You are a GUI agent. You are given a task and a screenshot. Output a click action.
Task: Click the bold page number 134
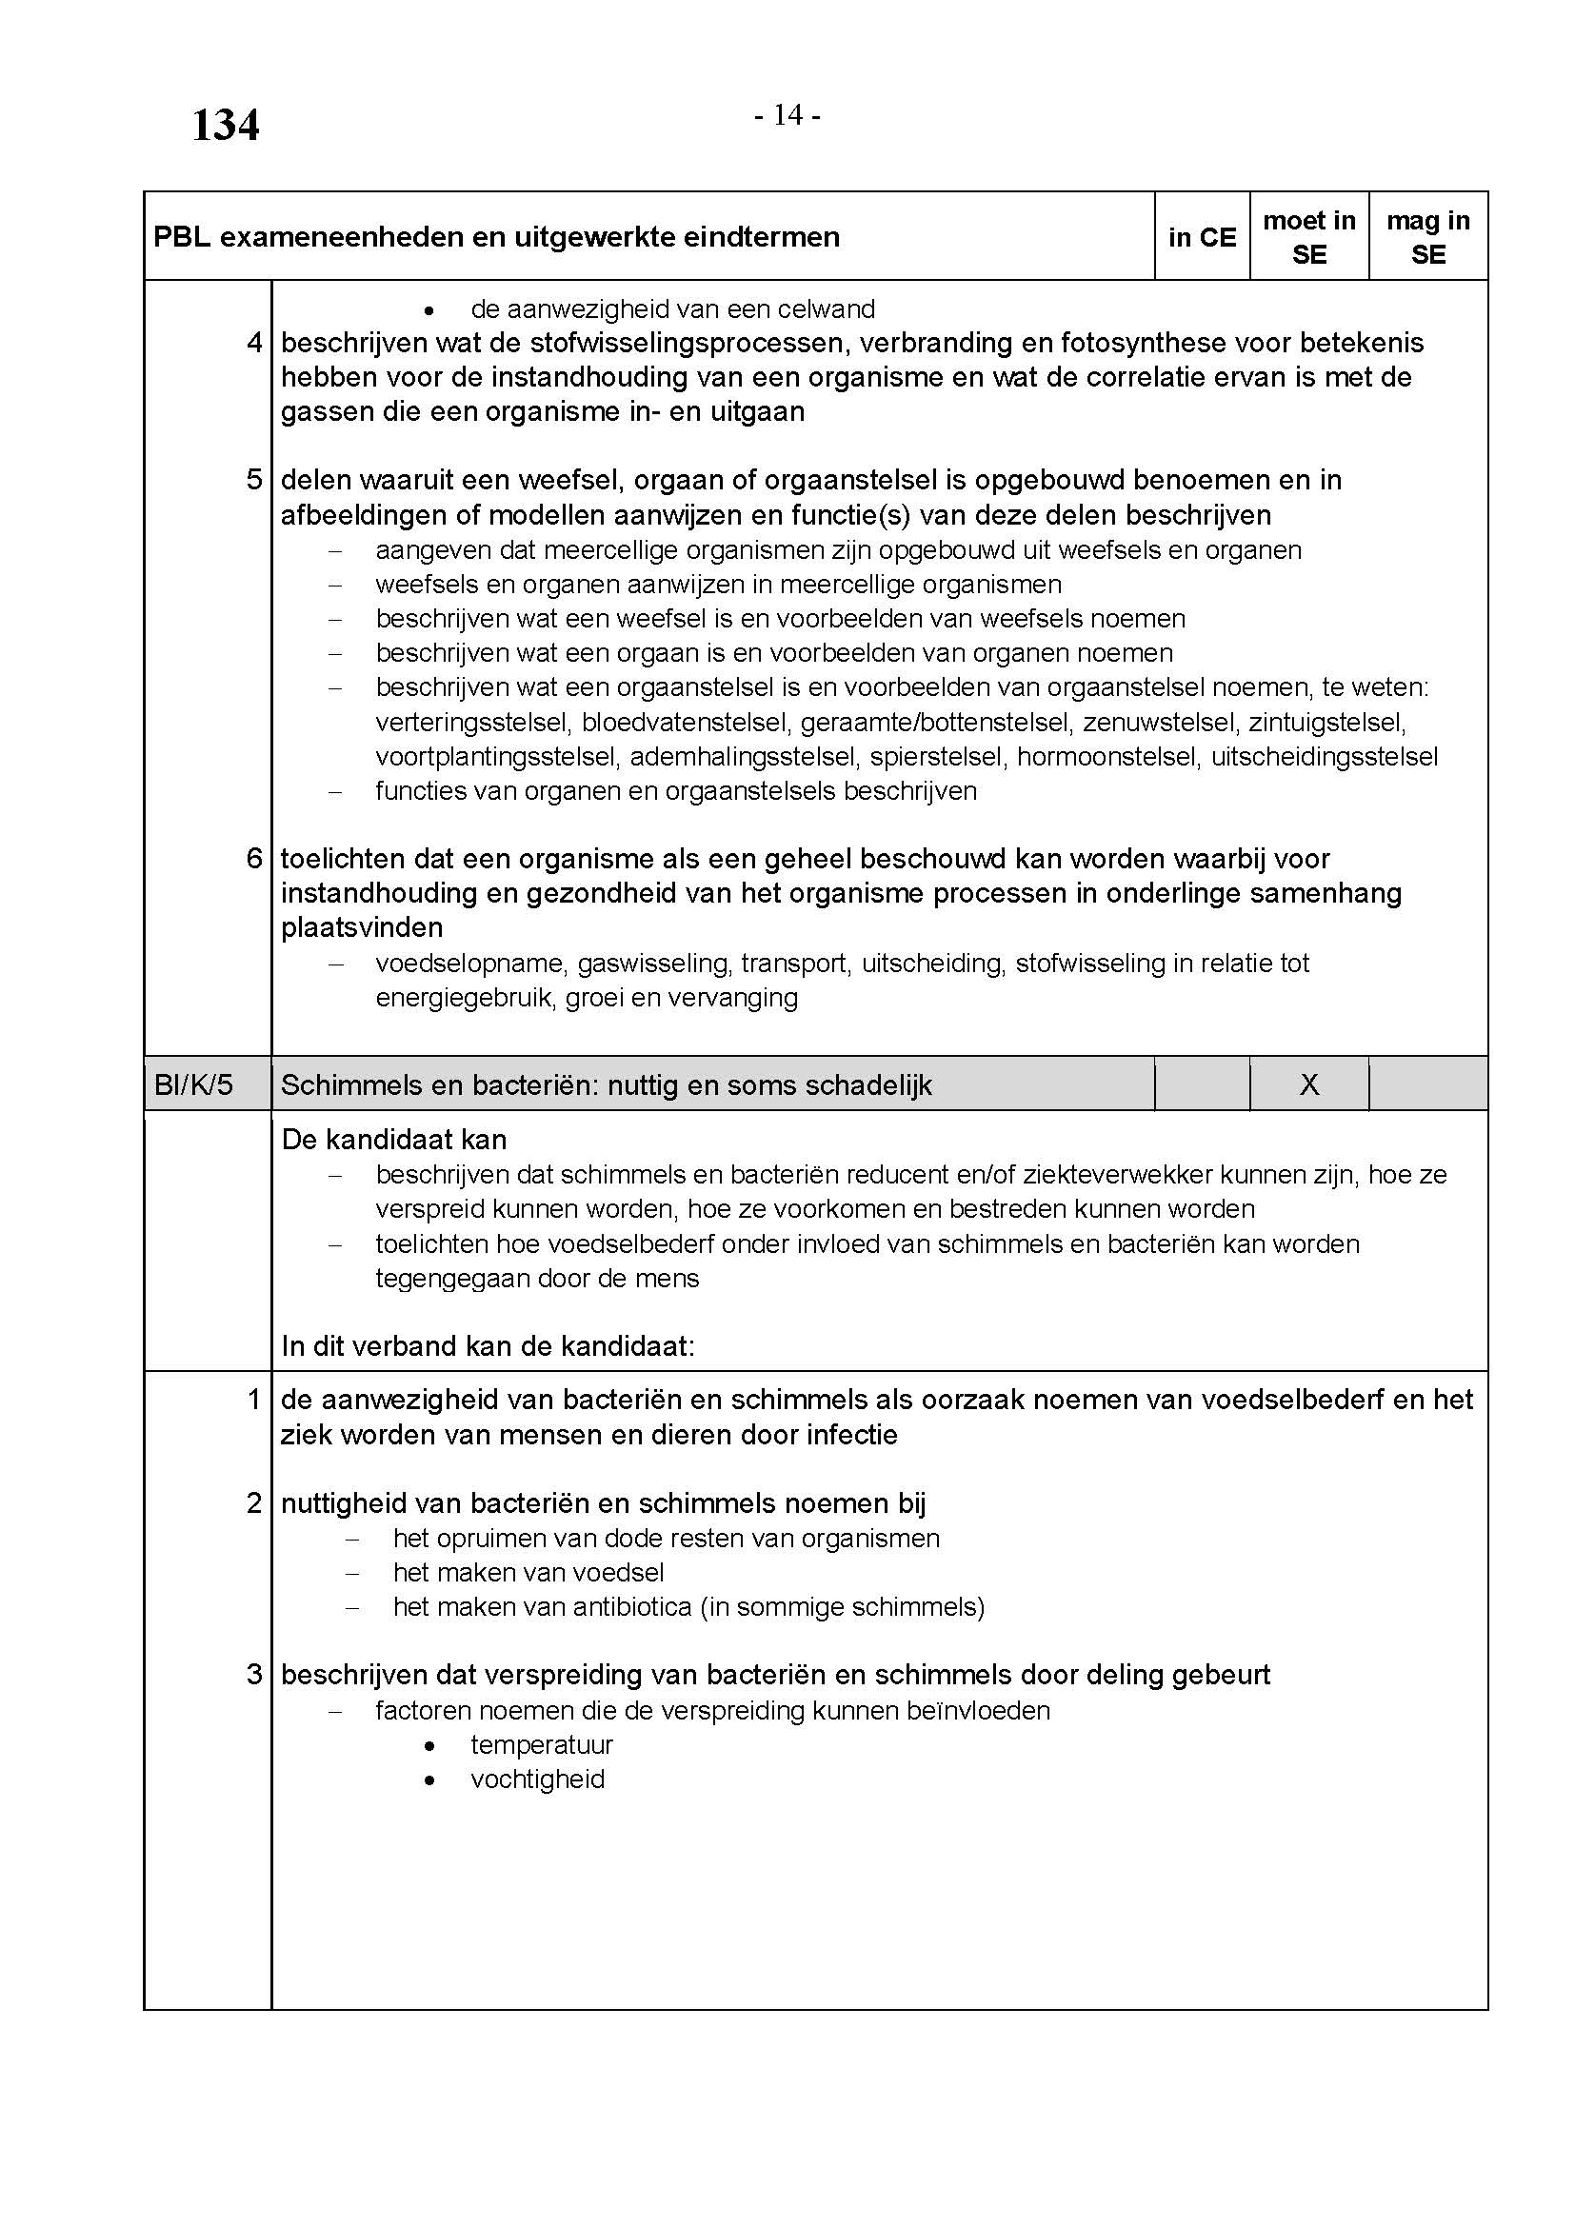tap(225, 126)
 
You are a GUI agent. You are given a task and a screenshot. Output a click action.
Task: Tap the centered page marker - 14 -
tap(787, 115)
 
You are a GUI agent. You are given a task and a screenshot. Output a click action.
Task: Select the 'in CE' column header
tap(1202, 238)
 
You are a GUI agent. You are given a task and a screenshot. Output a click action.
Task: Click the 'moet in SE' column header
tap(1308, 238)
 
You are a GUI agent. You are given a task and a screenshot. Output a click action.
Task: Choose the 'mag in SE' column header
tap(1427, 238)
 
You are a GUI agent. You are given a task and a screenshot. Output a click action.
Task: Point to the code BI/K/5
tap(194, 1084)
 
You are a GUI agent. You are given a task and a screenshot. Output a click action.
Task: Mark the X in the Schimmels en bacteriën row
tap(1308, 1084)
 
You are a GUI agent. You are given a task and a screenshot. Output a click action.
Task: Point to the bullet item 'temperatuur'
tap(541, 1745)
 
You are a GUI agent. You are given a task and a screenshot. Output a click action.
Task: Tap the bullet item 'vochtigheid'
tap(537, 1780)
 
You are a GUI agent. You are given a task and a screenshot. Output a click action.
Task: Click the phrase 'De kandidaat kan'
tap(394, 1140)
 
